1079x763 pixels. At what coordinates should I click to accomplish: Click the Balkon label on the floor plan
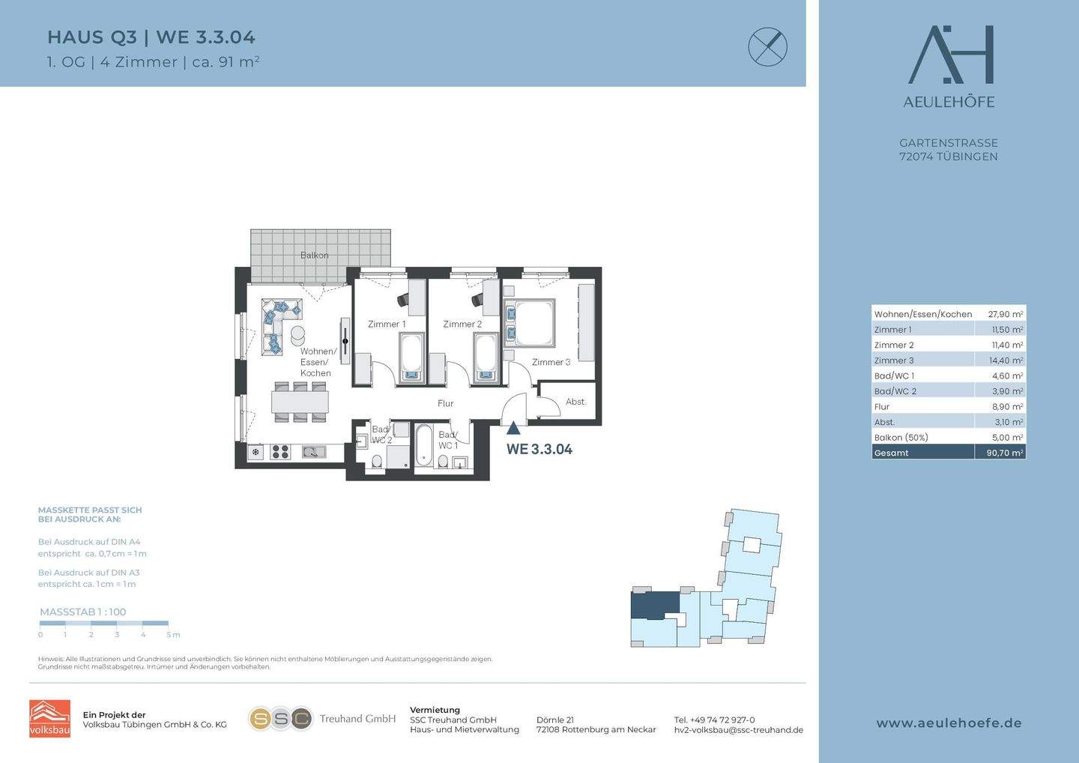point(314,255)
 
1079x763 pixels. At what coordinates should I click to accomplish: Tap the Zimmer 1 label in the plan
point(387,325)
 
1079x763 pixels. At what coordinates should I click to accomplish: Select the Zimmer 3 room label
point(551,362)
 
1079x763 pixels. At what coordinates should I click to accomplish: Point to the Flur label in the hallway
point(446,403)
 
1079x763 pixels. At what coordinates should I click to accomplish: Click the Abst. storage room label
point(575,401)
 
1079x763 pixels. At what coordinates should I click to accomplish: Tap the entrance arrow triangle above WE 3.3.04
point(513,428)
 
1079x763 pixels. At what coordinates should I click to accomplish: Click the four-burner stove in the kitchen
point(280,452)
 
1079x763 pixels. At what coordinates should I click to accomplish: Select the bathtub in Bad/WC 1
point(423,445)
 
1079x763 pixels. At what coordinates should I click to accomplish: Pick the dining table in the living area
point(300,401)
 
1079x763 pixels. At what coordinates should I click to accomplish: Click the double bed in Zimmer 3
point(529,323)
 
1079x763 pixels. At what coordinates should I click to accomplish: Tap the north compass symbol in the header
point(768,46)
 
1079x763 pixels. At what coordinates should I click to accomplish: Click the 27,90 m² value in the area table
point(1006,314)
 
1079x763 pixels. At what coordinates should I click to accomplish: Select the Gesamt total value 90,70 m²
point(1005,453)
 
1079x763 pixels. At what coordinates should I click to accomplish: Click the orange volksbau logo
point(49,718)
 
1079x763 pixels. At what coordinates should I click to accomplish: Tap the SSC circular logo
point(281,719)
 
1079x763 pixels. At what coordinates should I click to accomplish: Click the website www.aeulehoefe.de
point(949,723)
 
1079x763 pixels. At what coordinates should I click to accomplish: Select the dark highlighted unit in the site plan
point(655,605)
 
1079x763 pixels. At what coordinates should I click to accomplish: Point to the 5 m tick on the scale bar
point(168,624)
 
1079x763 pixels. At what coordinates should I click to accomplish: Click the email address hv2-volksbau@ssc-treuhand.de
point(739,730)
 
